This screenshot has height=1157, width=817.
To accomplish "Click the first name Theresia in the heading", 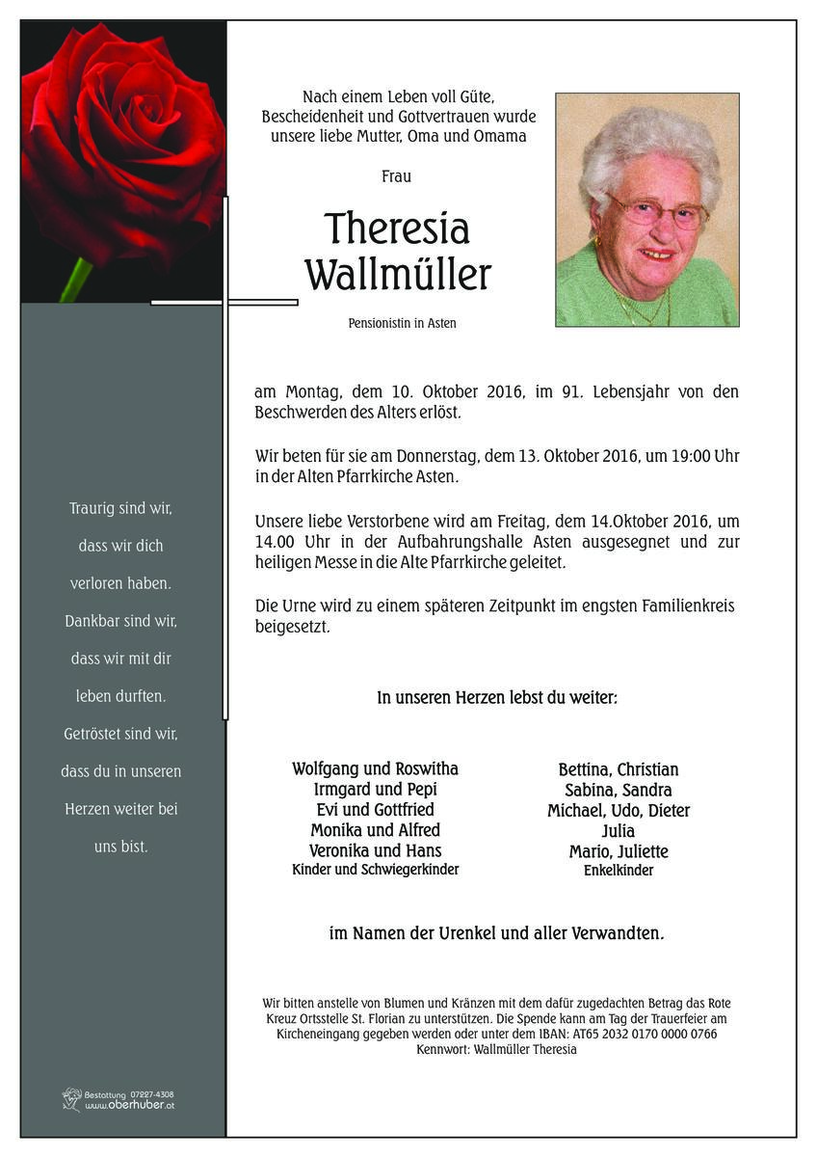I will point(397,229).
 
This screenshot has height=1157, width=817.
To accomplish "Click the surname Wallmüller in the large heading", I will point(397,275).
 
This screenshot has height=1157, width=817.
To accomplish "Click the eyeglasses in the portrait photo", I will point(658,213).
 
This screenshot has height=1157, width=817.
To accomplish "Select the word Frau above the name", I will point(396,176).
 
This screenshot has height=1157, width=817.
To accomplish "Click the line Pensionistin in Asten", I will point(402,324).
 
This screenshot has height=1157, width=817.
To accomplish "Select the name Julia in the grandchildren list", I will point(618,831).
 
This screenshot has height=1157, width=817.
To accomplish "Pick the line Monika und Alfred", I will point(375,830).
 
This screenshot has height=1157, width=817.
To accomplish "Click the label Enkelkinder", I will point(619,871).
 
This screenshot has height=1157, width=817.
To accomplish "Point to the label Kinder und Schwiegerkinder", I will point(375,870).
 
